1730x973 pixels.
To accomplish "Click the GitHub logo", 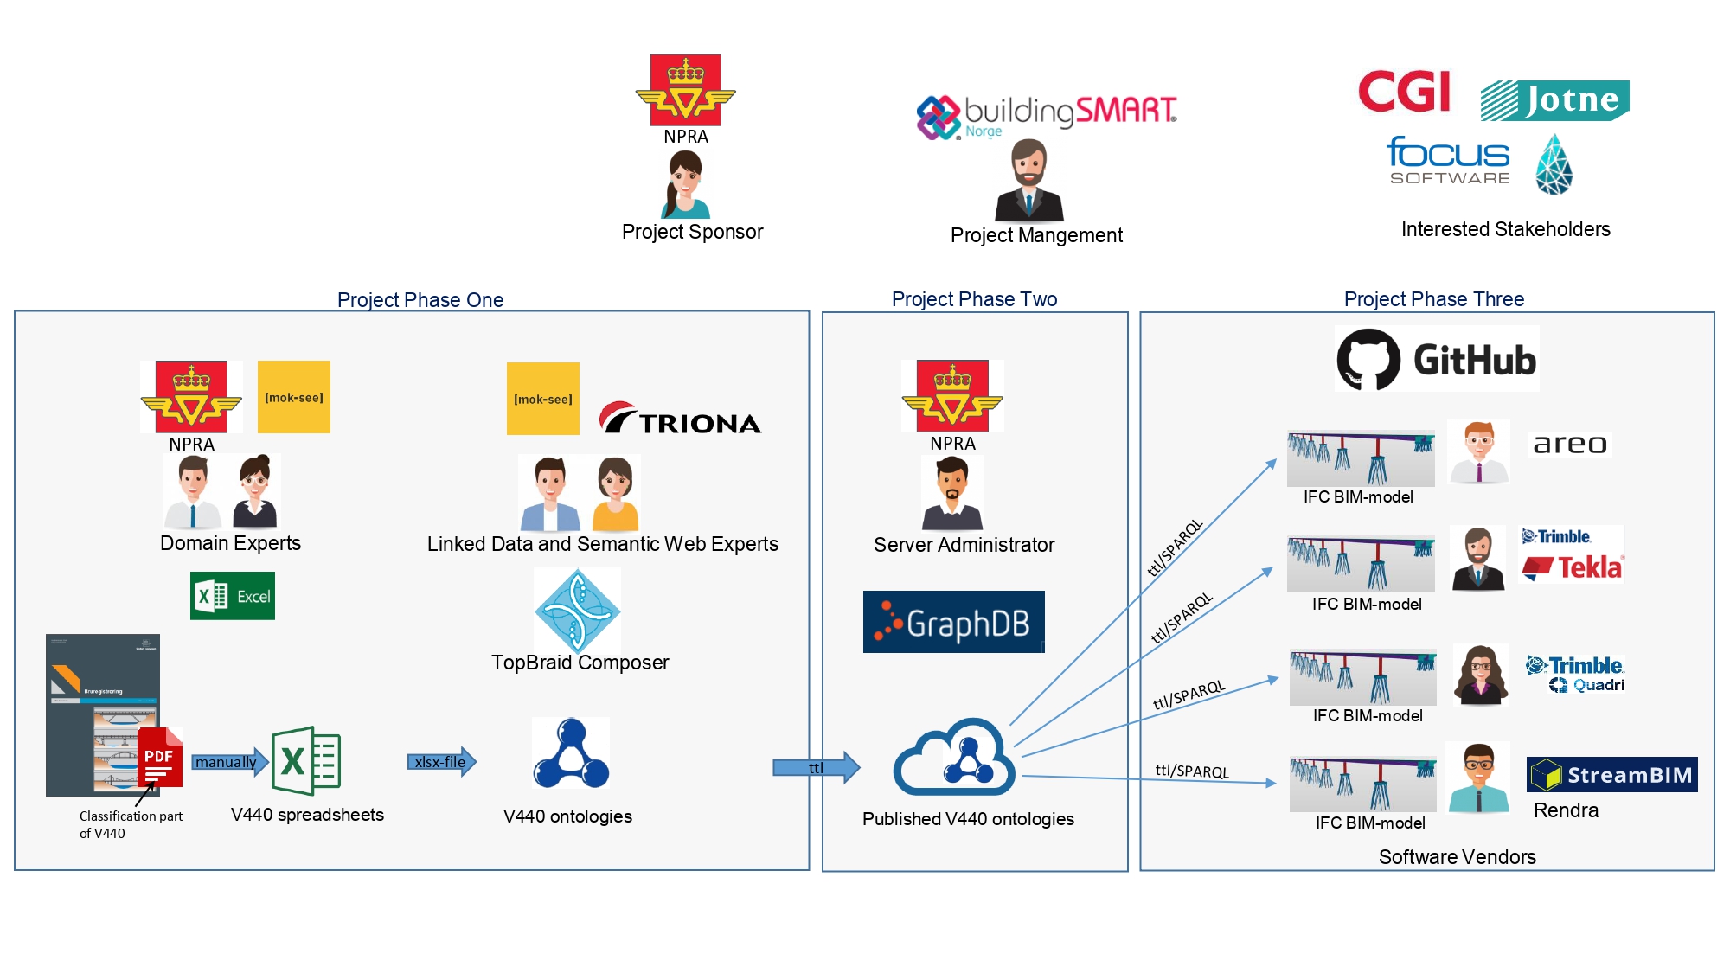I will coord(1437,359).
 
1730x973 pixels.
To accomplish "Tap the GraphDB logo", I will coord(953,622).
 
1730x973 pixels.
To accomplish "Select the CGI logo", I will coord(1404,92).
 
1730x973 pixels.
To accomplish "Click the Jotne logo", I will coord(1554,100).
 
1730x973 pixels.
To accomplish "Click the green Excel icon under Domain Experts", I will coord(232,596).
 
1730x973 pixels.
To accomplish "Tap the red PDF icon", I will coord(160,758).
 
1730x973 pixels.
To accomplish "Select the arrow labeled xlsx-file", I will coord(442,762).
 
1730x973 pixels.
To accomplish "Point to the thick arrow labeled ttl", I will coord(816,767).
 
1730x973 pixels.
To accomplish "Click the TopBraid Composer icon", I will coord(577,611).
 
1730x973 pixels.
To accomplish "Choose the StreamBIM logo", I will coord(1611,774).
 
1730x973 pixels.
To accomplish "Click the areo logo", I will coord(1570,445).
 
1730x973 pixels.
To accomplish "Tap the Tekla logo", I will coord(1573,567).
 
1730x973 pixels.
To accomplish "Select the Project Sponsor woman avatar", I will coord(685,184).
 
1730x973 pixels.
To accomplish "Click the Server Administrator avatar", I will coord(951,493).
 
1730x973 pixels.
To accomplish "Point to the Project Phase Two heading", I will coord(974,299).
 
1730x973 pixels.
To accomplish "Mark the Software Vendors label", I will coord(1457,857).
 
